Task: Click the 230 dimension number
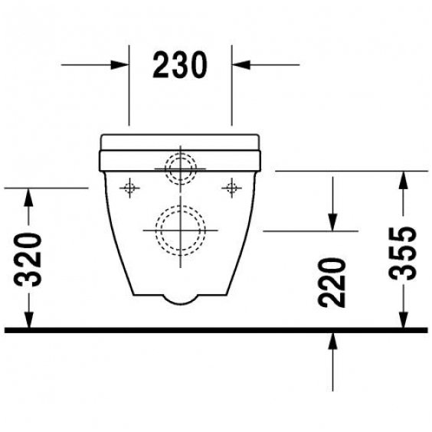point(179,65)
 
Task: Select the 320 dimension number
point(28,259)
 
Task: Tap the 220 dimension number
point(332,283)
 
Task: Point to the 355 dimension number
point(402,254)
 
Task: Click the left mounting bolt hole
point(129,188)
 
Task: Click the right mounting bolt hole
point(232,188)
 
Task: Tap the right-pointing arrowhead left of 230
point(119,65)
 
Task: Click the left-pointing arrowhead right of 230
point(241,65)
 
